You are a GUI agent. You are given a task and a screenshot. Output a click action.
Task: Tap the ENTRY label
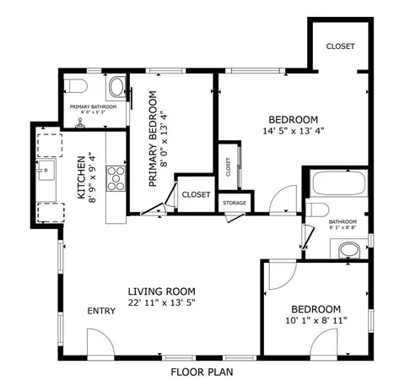pyautogui.click(x=101, y=311)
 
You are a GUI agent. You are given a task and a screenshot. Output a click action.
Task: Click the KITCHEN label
pyautogui.click(x=83, y=178)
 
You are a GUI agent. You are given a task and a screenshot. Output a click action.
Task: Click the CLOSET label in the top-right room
pyautogui.click(x=339, y=46)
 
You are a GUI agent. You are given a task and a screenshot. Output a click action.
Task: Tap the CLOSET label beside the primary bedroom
pyautogui.click(x=195, y=194)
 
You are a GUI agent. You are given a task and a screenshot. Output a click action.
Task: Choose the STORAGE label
pyautogui.click(x=235, y=204)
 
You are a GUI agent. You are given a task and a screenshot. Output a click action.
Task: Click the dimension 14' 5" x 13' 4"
pyautogui.click(x=293, y=131)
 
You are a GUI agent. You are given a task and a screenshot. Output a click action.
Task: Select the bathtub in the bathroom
pyautogui.click(x=337, y=183)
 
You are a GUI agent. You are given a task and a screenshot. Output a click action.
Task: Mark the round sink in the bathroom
pyautogui.click(x=349, y=250)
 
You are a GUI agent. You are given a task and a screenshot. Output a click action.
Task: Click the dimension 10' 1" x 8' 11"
pyautogui.click(x=316, y=321)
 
